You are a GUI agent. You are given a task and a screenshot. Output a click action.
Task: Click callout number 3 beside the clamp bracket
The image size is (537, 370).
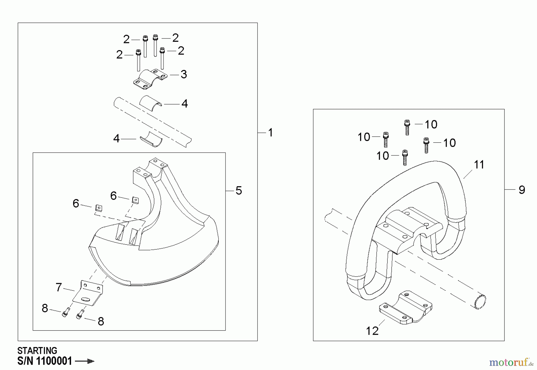[184, 74]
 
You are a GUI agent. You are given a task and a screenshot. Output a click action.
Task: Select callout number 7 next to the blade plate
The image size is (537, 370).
[59, 287]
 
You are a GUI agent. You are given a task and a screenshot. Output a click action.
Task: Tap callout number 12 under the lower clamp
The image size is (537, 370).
[372, 331]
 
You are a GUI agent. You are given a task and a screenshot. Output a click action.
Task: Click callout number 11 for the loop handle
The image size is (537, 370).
[479, 165]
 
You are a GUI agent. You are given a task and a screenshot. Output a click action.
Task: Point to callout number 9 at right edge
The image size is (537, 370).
[522, 190]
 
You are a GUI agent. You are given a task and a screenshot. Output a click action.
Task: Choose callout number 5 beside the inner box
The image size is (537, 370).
[239, 190]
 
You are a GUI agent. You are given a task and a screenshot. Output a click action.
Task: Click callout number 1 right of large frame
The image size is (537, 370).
[270, 132]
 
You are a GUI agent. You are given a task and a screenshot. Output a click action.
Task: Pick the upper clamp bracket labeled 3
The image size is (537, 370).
[150, 79]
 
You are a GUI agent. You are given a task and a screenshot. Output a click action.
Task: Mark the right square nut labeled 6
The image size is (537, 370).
[135, 200]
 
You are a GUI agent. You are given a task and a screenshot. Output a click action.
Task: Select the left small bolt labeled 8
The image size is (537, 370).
[65, 313]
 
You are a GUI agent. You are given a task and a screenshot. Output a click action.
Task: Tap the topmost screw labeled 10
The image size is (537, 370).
[407, 127]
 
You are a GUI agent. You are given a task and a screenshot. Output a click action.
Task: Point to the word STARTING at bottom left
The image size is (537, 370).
[37, 350]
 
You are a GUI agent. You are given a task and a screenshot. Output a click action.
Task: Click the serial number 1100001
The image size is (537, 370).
[54, 361]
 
